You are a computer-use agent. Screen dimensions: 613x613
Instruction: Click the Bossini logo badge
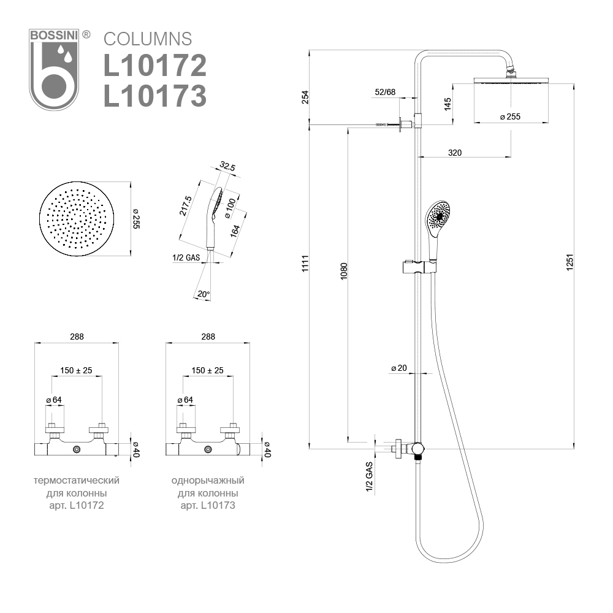(55, 69)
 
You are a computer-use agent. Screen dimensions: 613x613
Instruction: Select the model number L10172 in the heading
(154, 66)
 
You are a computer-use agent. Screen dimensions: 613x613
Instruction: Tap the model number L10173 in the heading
(154, 96)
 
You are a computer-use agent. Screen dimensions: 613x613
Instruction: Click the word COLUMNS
(148, 39)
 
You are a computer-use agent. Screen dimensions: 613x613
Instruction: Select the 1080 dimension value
(344, 272)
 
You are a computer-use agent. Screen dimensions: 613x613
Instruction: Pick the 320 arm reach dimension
(454, 153)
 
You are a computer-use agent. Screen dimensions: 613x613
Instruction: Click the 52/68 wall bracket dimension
(385, 93)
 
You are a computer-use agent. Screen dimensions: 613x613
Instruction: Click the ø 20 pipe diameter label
(399, 368)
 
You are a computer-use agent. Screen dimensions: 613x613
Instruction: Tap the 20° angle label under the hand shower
(204, 295)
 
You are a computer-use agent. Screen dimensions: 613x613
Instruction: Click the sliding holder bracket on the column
(418, 267)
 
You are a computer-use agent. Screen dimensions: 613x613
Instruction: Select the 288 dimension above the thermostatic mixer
(77, 337)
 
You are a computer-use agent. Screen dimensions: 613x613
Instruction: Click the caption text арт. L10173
(208, 506)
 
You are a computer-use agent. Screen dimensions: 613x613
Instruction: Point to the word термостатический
(77, 480)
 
